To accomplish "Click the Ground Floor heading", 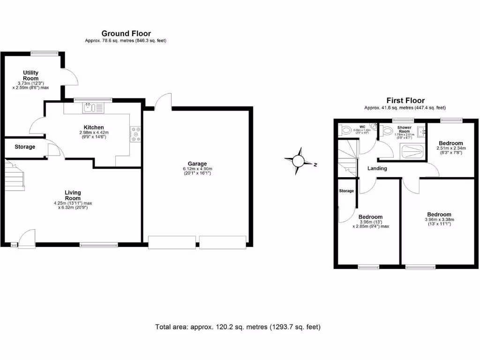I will click(126, 33).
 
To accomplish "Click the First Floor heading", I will click(405, 100).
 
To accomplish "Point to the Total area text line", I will click(238, 327).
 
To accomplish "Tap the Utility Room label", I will click(31, 75).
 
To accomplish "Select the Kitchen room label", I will click(94, 127).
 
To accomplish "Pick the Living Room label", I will click(73, 195).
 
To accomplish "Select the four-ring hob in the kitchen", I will click(136, 134).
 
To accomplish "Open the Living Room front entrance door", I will click(27, 237).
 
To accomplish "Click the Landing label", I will click(377, 168).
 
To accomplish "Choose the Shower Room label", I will click(404, 130).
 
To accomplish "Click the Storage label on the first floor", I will click(346, 191).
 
